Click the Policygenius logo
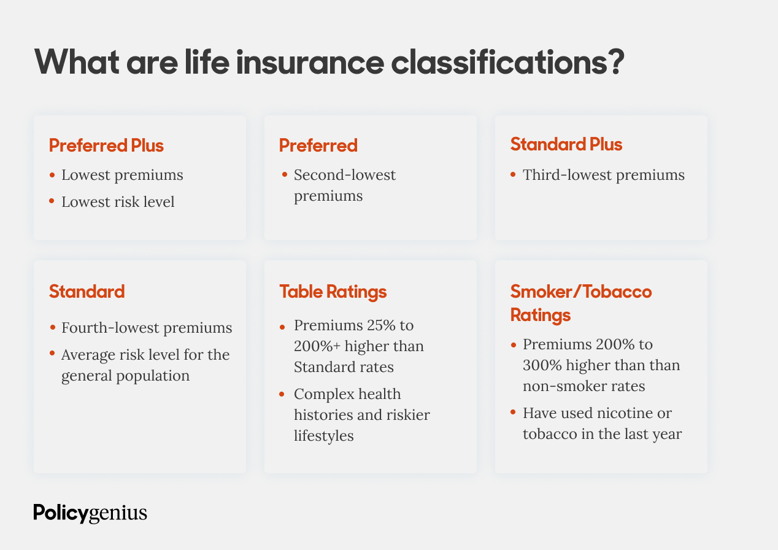click(x=90, y=513)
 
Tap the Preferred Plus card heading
click(x=106, y=145)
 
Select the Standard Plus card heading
click(x=566, y=144)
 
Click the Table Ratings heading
click(x=333, y=291)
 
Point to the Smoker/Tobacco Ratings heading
click(x=580, y=303)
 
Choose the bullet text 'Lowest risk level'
click(x=118, y=201)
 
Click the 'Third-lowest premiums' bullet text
click(x=603, y=175)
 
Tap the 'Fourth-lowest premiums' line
click(x=147, y=328)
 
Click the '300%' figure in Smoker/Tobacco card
click(x=539, y=365)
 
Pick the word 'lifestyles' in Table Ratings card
click(x=323, y=436)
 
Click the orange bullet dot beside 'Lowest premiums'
click(x=52, y=176)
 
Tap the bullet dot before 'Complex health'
click(x=283, y=394)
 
